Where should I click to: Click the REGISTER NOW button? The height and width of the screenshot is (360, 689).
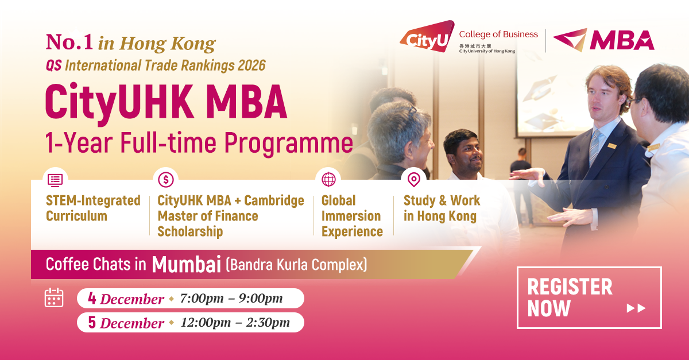tap(589, 297)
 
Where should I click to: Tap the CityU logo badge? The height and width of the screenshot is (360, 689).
tap(426, 37)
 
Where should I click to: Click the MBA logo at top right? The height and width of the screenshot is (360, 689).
tap(603, 40)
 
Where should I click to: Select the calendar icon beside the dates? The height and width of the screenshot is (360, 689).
tap(54, 297)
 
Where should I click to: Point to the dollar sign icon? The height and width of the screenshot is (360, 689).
tap(166, 180)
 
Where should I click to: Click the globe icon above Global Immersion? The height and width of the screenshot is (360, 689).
tap(328, 180)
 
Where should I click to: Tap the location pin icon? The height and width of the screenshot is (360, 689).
tap(413, 180)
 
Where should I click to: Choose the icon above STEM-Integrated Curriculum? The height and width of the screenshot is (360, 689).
tap(55, 180)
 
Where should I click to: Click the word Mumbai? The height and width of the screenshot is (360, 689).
tap(187, 265)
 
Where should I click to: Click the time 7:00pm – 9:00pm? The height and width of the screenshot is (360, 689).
tap(231, 299)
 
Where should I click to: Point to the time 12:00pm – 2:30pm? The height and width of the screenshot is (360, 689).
tap(235, 323)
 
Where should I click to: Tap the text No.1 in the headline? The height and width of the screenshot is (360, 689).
tap(69, 42)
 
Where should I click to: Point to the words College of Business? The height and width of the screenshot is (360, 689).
tap(498, 34)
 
